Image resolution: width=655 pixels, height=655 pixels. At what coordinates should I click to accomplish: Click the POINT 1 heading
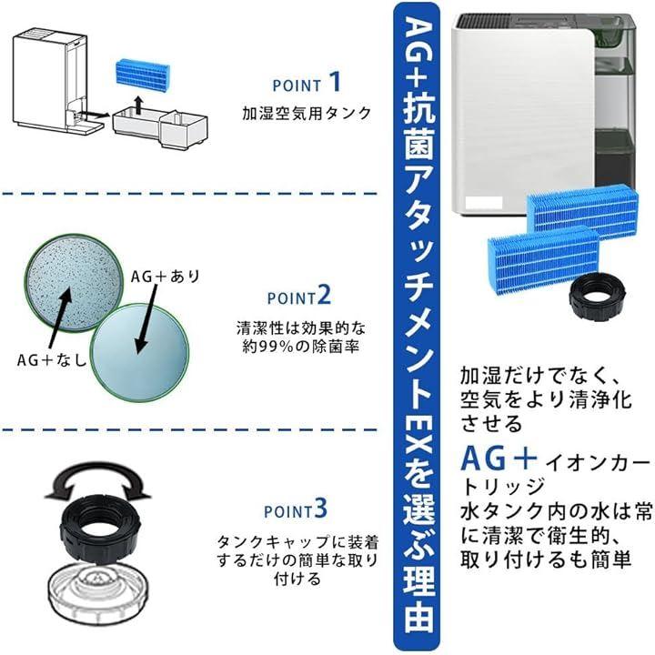[x=307, y=83]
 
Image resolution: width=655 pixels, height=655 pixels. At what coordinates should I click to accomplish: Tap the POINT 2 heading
[x=299, y=296]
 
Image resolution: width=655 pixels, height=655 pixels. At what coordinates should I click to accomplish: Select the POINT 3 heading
[x=296, y=509]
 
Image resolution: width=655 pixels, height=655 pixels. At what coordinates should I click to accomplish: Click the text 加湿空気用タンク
[x=307, y=113]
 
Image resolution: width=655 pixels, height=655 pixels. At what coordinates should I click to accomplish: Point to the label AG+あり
[x=166, y=277]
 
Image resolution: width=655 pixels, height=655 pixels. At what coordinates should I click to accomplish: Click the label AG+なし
[x=52, y=359]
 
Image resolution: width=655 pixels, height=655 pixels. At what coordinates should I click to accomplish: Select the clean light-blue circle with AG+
[x=140, y=352]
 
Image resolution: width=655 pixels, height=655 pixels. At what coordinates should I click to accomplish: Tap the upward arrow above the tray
[x=139, y=104]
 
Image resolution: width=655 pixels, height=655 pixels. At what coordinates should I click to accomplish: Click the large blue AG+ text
[x=499, y=458]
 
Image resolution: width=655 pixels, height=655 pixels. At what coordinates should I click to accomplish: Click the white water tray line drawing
[x=160, y=126]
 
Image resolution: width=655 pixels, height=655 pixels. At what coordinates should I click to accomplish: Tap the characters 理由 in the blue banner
[x=418, y=605]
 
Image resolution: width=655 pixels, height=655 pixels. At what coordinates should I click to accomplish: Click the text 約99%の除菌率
[x=301, y=347]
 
